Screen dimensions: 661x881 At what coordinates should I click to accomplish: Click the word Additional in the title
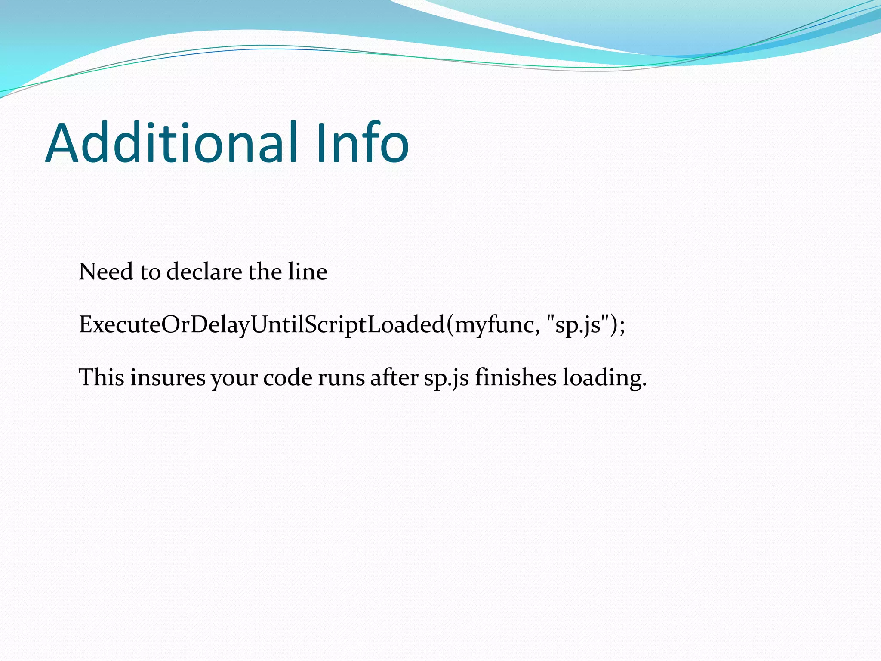[x=172, y=143]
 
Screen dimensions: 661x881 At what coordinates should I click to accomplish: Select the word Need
[x=106, y=272]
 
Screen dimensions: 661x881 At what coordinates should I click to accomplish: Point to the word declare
[x=204, y=272]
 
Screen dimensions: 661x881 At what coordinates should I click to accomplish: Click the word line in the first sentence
[x=308, y=272]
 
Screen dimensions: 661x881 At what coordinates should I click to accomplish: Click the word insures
[x=168, y=377]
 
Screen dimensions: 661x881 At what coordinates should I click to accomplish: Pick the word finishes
[x=516, y=377]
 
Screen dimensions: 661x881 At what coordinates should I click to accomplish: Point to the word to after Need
[x=150, y=272]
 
